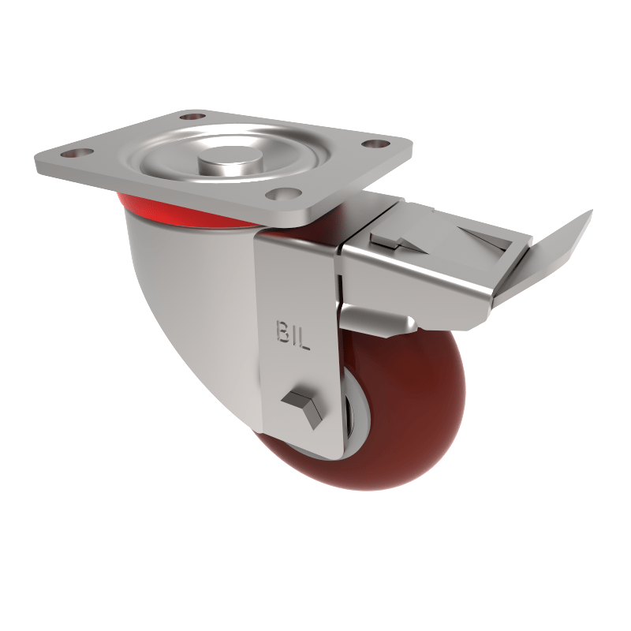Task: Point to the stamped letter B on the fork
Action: (x=283, y=334)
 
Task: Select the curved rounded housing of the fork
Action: (x=189, y=300)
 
